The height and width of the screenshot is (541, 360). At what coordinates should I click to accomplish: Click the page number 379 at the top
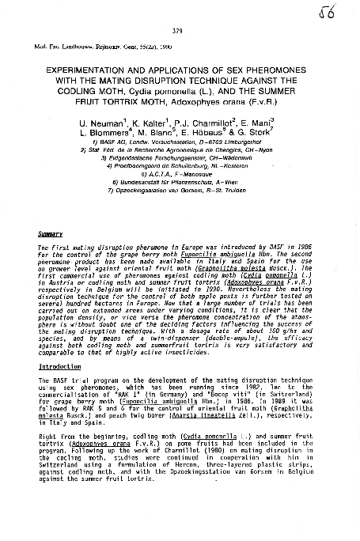[x=178, y=30]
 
